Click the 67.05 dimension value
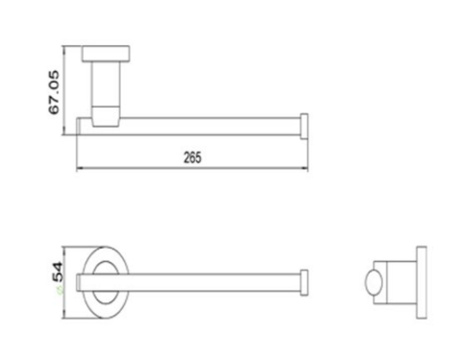click(x=54, y=92)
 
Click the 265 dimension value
click(x=192, y=157)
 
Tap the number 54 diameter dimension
click(x=58, y=272)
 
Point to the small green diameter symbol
click(x=61, y=290)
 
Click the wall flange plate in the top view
click(x=106, y=54)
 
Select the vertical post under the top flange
click(x=106, y=84)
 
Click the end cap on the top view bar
click(x=304, y=126)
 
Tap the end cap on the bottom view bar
click(x=304, y=282)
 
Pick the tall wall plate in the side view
click(x=422, y=282)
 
